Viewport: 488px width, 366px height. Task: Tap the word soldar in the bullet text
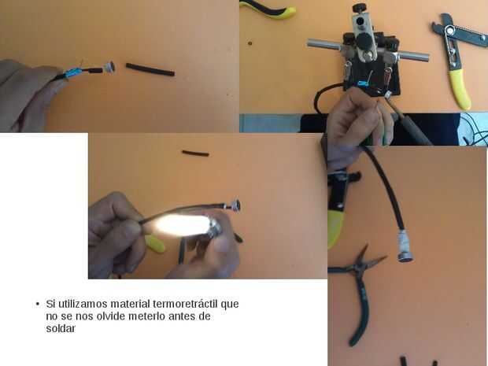pos(61,328)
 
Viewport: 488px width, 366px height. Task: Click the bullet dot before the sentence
pos(38,304)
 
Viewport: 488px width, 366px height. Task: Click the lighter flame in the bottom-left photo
pos(182,224)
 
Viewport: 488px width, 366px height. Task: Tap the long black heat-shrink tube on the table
pos(150,70)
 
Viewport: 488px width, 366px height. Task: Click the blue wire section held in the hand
pos(73,73)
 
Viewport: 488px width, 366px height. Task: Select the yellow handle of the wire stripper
pos(460,89)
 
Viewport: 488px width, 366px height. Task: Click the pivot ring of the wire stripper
pos(449,30)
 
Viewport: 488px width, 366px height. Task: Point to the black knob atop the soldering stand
pos(359,7)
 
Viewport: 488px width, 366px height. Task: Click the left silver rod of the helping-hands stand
pos(324,46)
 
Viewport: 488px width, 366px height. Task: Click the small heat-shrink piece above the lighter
pos(195,153)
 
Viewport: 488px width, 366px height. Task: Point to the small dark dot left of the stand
pos(250,43)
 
